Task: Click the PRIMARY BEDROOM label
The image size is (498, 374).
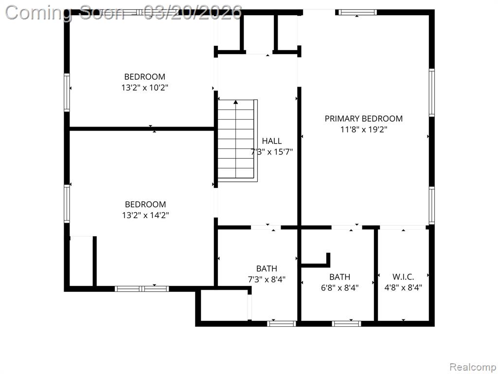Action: click(363, 119)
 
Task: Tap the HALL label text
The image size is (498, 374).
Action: click(271, 141)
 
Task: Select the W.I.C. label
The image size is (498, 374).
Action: click(403, 277)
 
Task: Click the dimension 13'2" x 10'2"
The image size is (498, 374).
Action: click(144, 88)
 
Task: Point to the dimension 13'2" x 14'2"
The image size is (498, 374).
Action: click(145, 215)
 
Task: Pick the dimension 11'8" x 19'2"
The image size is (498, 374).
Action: click(364, 130)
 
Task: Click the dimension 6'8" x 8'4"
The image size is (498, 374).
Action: click(339, 288)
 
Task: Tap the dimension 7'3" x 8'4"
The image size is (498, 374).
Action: click(267, 280)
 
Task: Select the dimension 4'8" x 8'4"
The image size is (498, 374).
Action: click(403, 288)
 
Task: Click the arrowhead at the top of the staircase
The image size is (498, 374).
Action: click(236, 102)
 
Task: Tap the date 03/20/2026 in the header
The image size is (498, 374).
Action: click(193, 13)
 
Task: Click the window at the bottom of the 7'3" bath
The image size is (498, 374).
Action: click(282, 324)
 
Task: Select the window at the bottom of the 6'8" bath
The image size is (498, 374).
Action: click(346, 324)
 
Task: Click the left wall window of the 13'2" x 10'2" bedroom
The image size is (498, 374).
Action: click(67, 93)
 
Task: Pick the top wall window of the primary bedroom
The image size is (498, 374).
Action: click(357, 12)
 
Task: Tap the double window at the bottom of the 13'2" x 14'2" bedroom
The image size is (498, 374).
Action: click(142, 289)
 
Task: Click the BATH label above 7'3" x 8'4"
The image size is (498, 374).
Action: click(267, 269)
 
